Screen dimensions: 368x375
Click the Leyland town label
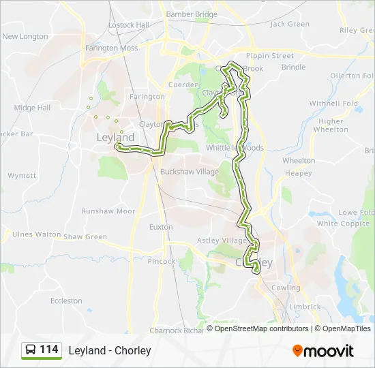coord(115,138)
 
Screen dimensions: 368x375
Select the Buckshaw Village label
coord(189,172)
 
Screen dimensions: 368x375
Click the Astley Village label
coord(222,241)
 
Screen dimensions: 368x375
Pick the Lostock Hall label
coord(128,25)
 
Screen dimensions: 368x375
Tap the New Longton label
coord(25,37)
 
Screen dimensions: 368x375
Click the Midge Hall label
coord(32,108)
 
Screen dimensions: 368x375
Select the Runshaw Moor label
coord(108,211)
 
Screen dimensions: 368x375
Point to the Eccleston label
coord(66,301)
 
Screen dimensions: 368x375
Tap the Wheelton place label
coord(299,161)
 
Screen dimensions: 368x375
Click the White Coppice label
coord(343,224)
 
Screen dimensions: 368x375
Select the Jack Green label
coord(290,24)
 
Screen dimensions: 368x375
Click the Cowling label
coord(286,288)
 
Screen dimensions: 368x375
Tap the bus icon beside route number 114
coord(31,350)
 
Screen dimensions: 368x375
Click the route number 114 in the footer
coord(49,350)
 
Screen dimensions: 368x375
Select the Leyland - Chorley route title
coord(110,350)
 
